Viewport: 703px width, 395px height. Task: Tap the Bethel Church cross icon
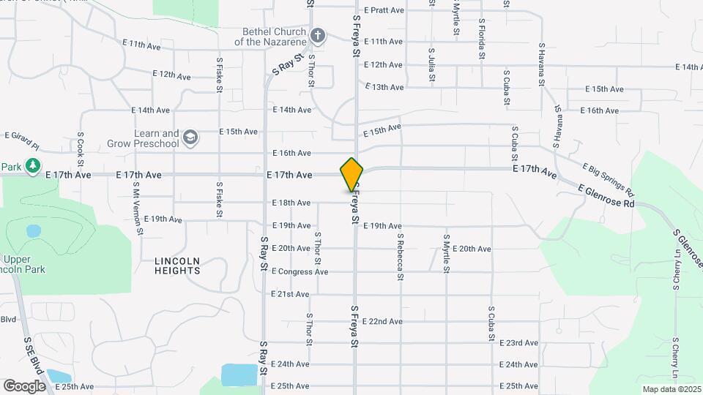coord(317,35)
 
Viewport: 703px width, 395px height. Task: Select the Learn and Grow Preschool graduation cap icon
coord(190,138)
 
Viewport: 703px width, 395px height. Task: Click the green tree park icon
coord(32,167)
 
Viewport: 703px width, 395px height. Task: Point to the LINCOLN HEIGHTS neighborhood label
coord(177,266)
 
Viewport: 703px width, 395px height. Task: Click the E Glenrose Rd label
coord(606,196)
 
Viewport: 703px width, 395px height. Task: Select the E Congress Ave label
coord(300,271)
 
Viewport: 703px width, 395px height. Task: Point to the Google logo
coord(24,385)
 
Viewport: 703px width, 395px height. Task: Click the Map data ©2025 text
coord(670,389)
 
